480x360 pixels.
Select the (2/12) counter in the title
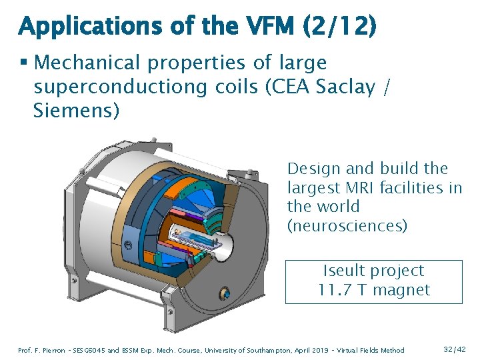coord(339,27)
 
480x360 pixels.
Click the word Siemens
coord(76,111)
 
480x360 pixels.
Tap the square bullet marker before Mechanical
coord(23,63)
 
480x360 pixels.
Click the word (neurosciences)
coord(347,225)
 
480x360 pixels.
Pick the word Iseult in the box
coord(345,271)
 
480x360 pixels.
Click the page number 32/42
coord(455,349)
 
